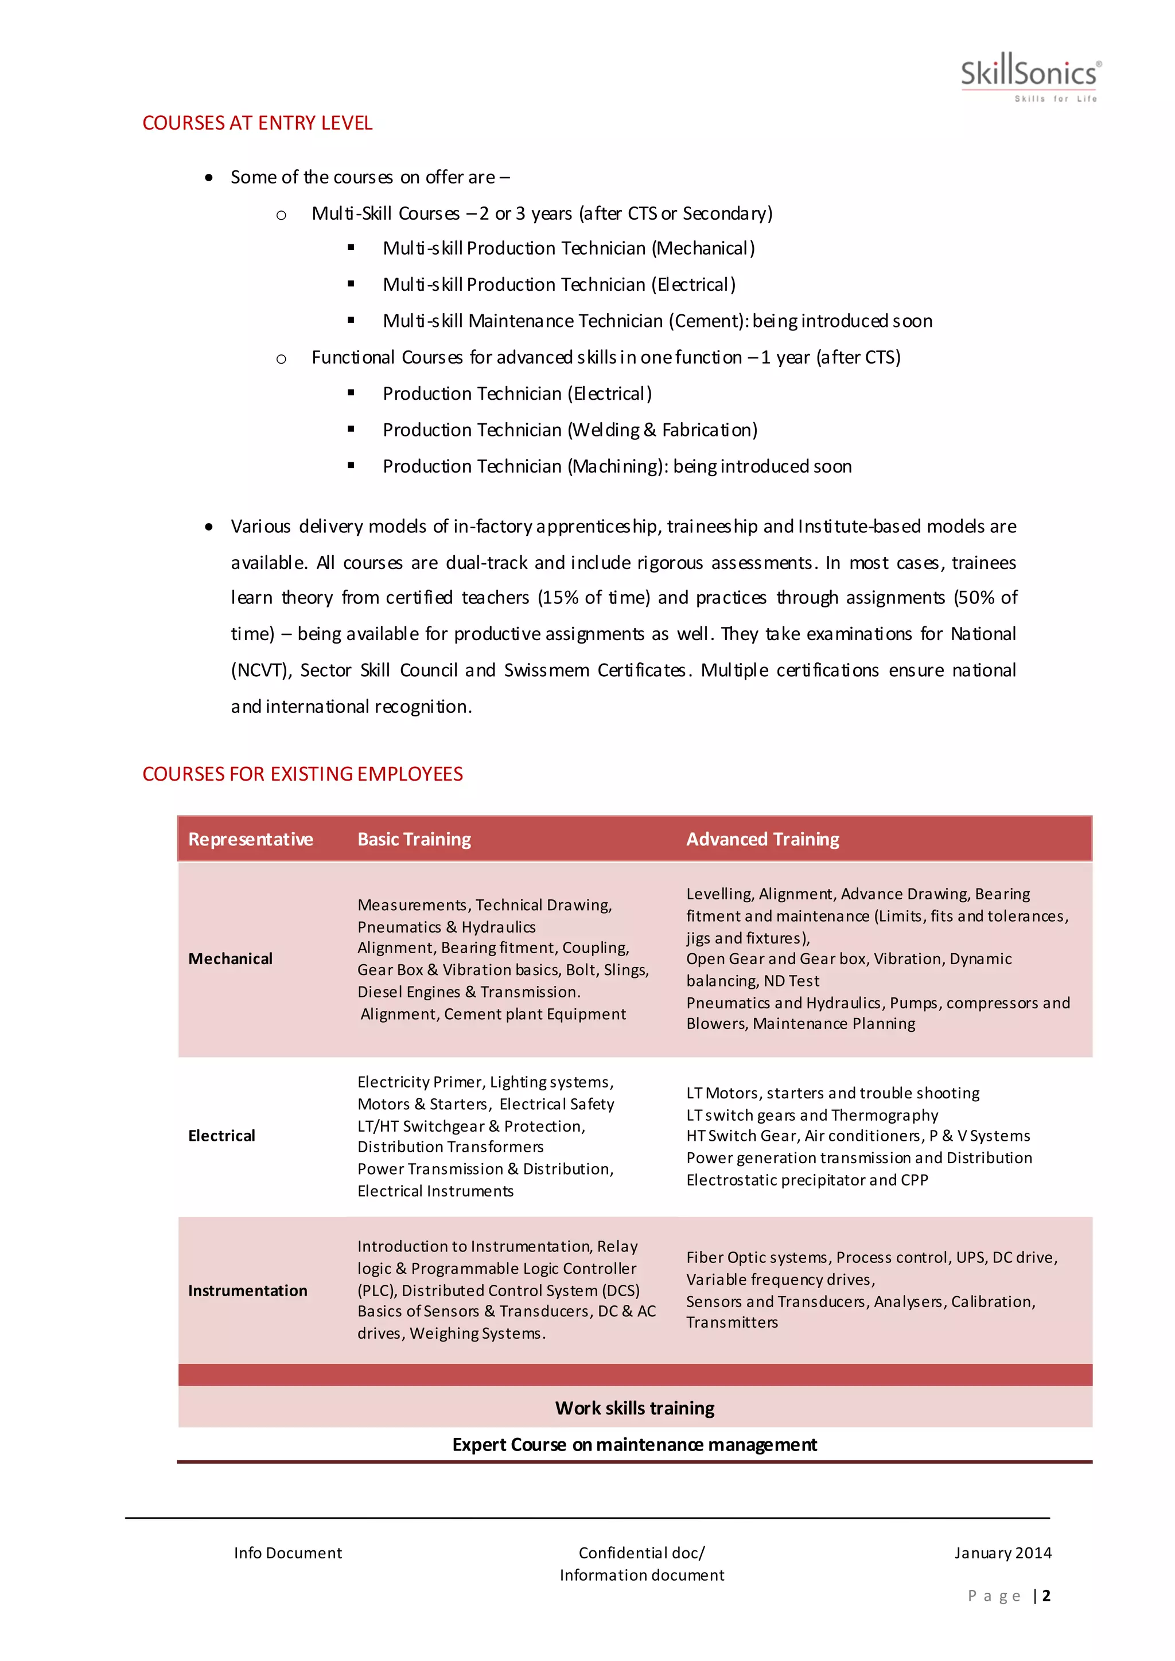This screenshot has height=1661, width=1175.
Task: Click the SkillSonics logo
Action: click(1030, 76)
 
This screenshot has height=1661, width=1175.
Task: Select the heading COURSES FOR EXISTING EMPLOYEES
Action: click(302, 774)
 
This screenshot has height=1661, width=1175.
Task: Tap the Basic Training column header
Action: click(414, 839)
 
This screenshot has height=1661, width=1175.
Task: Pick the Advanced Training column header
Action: click(762, 839)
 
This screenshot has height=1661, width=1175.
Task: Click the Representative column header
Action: click(250, 839)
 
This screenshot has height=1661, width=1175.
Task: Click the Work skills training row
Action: click(635, 1408)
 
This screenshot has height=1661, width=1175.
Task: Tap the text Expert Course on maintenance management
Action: click(635, 1445)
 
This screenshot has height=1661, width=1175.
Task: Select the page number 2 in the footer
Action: click(1046, 1595)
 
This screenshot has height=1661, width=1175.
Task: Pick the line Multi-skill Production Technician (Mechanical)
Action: click(568, 248)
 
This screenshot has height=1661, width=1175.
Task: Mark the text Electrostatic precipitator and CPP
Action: click(807, 1180)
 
